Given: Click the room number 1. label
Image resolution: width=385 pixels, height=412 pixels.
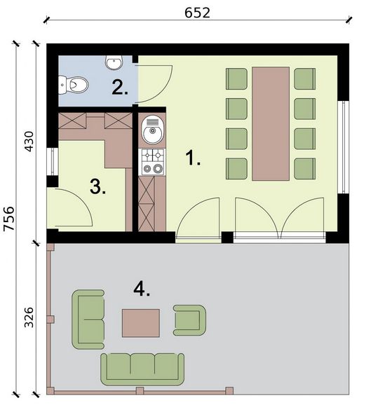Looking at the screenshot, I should pyautogui.click(x=193, y=159).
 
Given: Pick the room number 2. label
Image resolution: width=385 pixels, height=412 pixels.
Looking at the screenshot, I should pyautogui.click(x=120, y=87).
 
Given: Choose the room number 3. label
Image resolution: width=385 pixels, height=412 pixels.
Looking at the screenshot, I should pyautogui.click(x=98, y=187).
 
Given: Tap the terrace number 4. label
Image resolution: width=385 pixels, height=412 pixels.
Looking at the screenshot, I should pyautogui.click(x=142, y=288).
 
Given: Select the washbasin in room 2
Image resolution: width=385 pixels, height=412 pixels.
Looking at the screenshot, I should pyautogui.click(x=114, y=63).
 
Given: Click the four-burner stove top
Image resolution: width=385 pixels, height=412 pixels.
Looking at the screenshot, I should pyautogui.click(x=151, y=163).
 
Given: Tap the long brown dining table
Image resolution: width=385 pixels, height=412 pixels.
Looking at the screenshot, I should pyautogui.click(x=270, y=123).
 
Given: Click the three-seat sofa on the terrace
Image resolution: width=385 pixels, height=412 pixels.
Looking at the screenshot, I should pyautogui.click(x=142, y=366).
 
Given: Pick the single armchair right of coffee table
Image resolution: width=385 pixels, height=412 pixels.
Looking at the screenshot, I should pyautogui.click(x=190, y=319).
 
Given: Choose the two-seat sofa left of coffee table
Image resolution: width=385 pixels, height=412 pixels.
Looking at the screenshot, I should pyautogui.click(x=89, y=320).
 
